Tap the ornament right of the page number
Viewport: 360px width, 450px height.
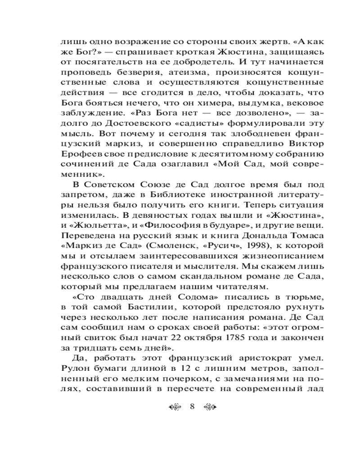211,407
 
